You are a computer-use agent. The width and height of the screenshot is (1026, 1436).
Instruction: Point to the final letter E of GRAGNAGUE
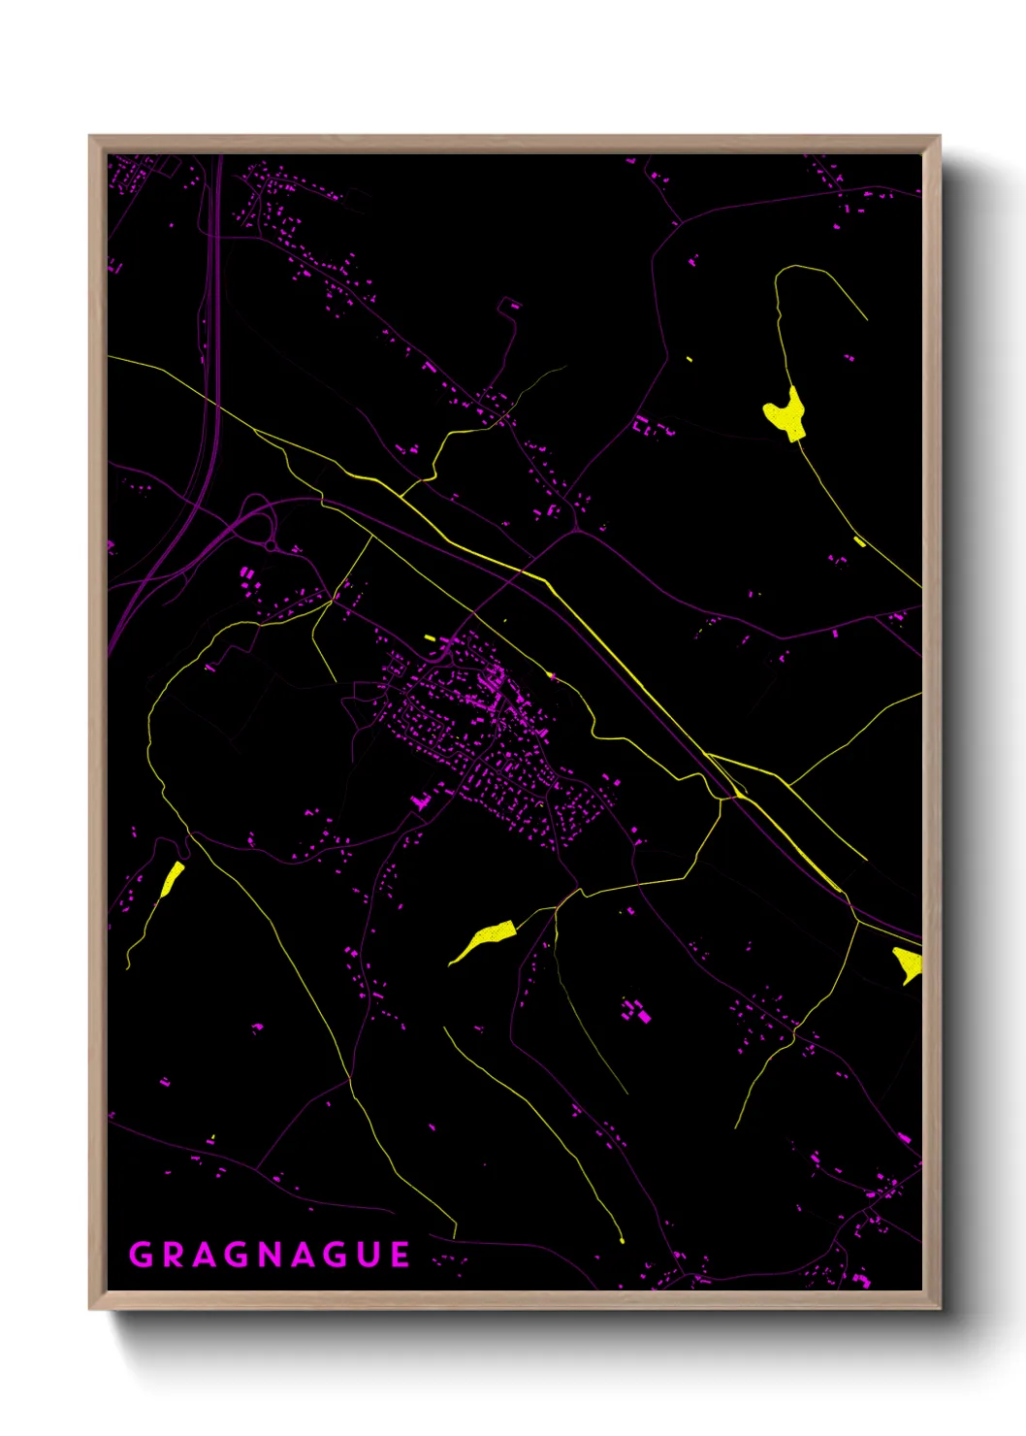pos(400,1255)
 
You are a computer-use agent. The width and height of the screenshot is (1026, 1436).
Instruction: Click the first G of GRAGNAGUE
pos(141,1255)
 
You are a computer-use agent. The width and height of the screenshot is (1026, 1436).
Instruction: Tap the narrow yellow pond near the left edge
pos(172,878)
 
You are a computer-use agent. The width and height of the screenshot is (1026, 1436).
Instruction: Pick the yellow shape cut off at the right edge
pos(909,963)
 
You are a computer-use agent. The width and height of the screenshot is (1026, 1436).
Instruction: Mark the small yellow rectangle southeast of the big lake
pos(859,541)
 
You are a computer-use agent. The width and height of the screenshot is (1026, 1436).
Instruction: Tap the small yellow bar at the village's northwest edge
pos(430,637)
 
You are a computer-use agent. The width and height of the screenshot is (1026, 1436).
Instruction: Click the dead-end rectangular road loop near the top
pos(509,307)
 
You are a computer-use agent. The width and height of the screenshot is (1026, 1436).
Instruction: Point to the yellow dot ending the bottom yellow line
pos(622,1240)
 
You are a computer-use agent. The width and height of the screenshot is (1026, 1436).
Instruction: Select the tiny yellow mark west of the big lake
pos(689,359)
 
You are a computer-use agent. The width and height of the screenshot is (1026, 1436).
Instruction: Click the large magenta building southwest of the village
pos(421,801)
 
